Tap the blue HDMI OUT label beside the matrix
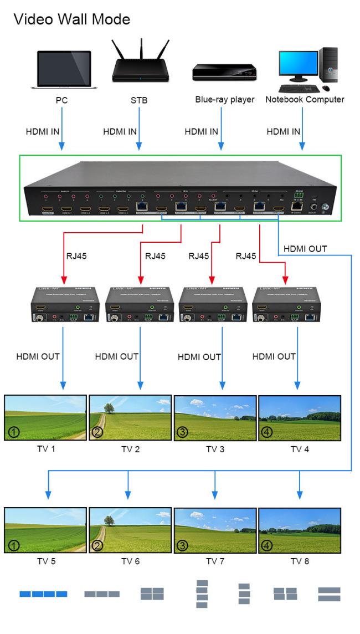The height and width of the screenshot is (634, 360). pos(306,233)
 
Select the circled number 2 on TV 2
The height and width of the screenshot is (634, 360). pos(98,433)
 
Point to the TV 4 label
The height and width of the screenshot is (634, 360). pos(300,449)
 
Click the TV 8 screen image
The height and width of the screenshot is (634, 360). pos(300,530)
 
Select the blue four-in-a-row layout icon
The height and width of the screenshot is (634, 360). pos(44,594)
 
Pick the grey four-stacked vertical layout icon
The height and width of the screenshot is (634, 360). pos(202,594)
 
